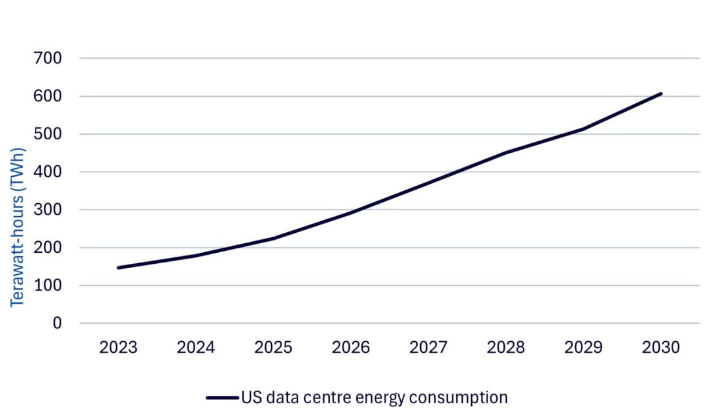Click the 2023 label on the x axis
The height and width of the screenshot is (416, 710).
click(x=118, y=348)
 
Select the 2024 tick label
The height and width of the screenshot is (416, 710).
click(x=196, y=348)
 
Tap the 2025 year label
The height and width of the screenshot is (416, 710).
click(x=273, y=348)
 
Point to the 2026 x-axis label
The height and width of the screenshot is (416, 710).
click(x=350, y=348)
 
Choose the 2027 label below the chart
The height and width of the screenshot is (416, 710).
click(x=428, y=348)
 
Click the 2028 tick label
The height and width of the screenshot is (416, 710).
click(x=506, y=348)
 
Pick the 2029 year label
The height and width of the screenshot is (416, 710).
click(x=583, y=348)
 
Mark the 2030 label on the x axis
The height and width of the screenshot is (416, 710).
click(x=661, y=348)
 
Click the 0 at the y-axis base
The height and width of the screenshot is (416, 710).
click(x=57, y=323)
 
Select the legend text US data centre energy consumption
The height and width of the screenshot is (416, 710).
click(x=374, y=397)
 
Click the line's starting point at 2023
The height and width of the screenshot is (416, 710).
click(x=118, y=268)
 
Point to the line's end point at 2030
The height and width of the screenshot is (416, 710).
click(x=661, y=94)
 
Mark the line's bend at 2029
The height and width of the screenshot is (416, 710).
click(x=583, y=129)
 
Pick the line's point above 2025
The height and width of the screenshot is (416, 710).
click(x=273, y=239)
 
